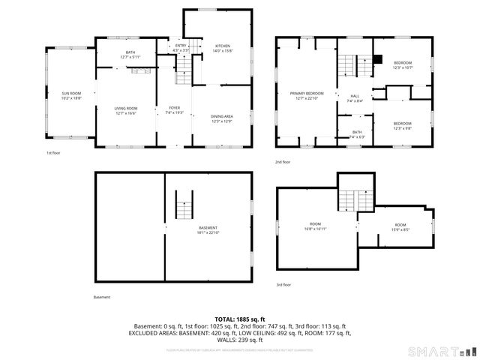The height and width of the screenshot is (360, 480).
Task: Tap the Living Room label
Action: pos(126,111)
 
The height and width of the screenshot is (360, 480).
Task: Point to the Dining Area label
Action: pos(221,118)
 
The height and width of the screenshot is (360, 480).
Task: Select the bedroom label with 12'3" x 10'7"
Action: pos(403,65)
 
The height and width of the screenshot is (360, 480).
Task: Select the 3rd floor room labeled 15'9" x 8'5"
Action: pos(400,227)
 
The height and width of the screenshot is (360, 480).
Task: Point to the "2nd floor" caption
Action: pos(283,162)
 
